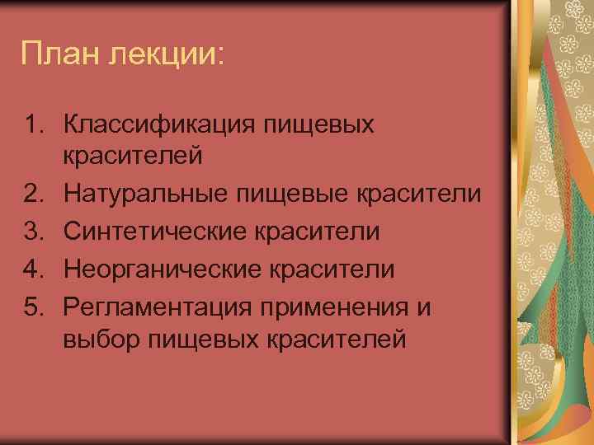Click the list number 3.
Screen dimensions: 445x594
coord(32,232)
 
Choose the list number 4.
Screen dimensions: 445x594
coord(32,269)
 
